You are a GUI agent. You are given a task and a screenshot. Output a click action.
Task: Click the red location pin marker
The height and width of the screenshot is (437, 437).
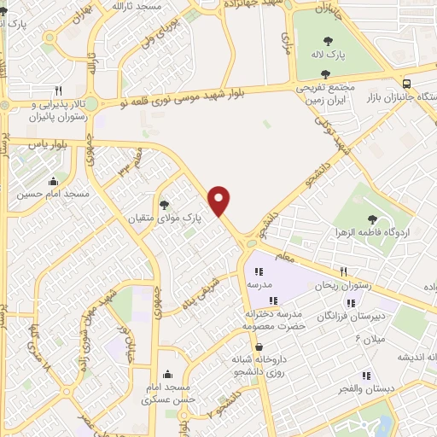(220, 200)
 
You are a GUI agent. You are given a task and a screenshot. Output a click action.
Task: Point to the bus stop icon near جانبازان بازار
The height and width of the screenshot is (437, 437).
(407, 84)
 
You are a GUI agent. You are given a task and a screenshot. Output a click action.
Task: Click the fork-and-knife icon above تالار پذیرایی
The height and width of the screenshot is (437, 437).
(58, 90)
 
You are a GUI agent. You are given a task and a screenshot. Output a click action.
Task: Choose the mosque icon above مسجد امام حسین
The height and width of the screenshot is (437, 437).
(55, 181)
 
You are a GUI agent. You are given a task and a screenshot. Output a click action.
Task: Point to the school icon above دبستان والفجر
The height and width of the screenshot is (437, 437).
(365, 375)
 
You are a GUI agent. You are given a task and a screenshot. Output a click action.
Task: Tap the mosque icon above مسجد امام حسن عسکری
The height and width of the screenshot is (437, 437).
(167, 373)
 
